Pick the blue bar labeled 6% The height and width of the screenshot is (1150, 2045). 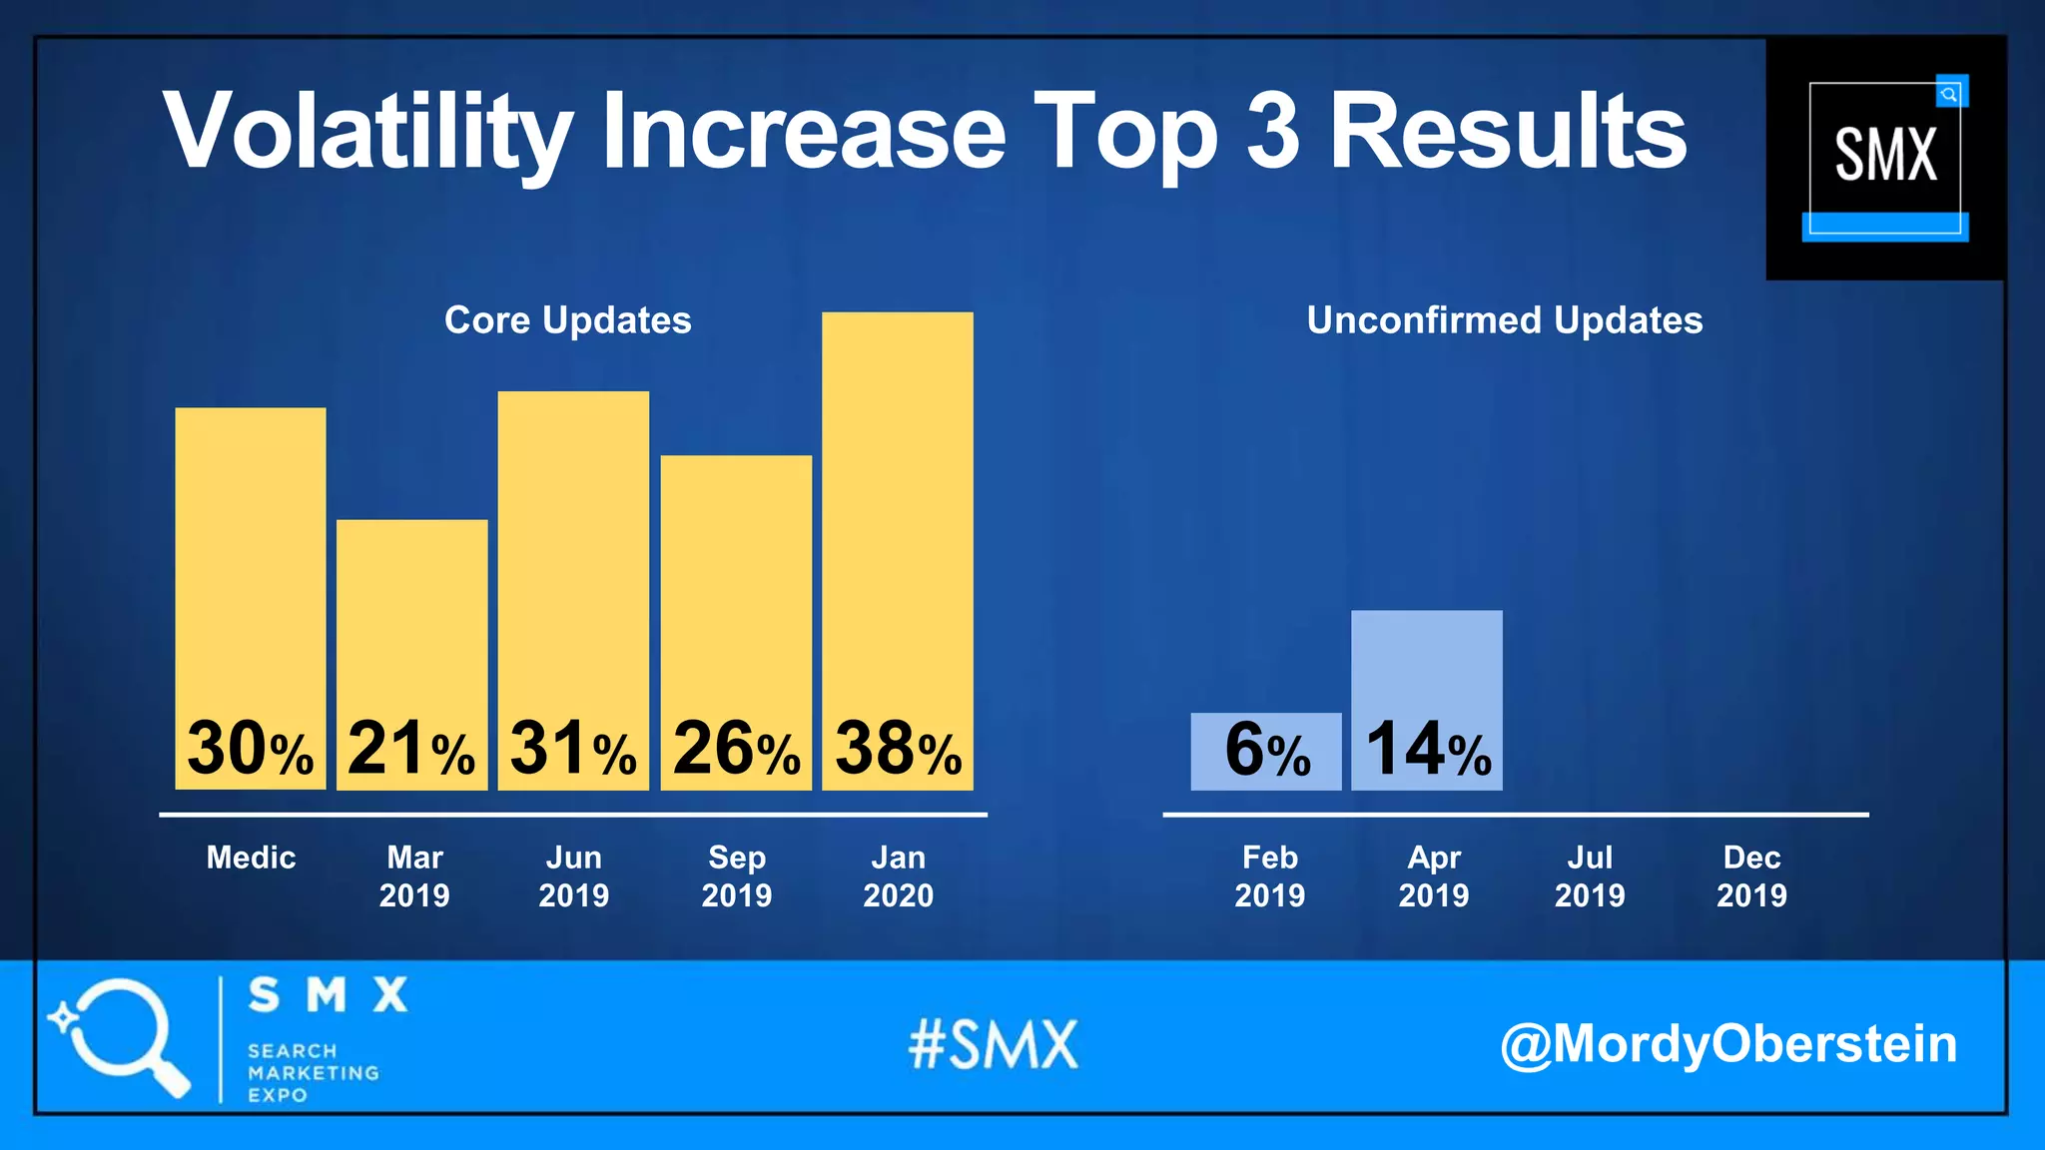coord(1265,751)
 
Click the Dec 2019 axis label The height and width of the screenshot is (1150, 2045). coord(1751,875)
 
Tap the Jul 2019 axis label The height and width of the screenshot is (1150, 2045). coord(1590,875)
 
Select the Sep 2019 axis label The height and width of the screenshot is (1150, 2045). coord(736,875)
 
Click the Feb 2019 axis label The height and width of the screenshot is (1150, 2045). coord(1269,875)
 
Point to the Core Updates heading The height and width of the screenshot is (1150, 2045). coord(567,320)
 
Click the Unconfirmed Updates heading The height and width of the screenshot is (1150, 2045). coord(1504,320)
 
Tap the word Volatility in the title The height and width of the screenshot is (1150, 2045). coord(367,133)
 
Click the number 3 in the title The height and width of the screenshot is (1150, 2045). coord(1273,131)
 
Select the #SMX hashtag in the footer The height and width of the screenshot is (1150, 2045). coord(994,1045)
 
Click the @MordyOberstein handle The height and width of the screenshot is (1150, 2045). coord(1727,1044)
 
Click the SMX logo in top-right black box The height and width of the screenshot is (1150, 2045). coord(1885,157)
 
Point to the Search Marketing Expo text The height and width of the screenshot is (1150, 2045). coord(312,1073)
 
